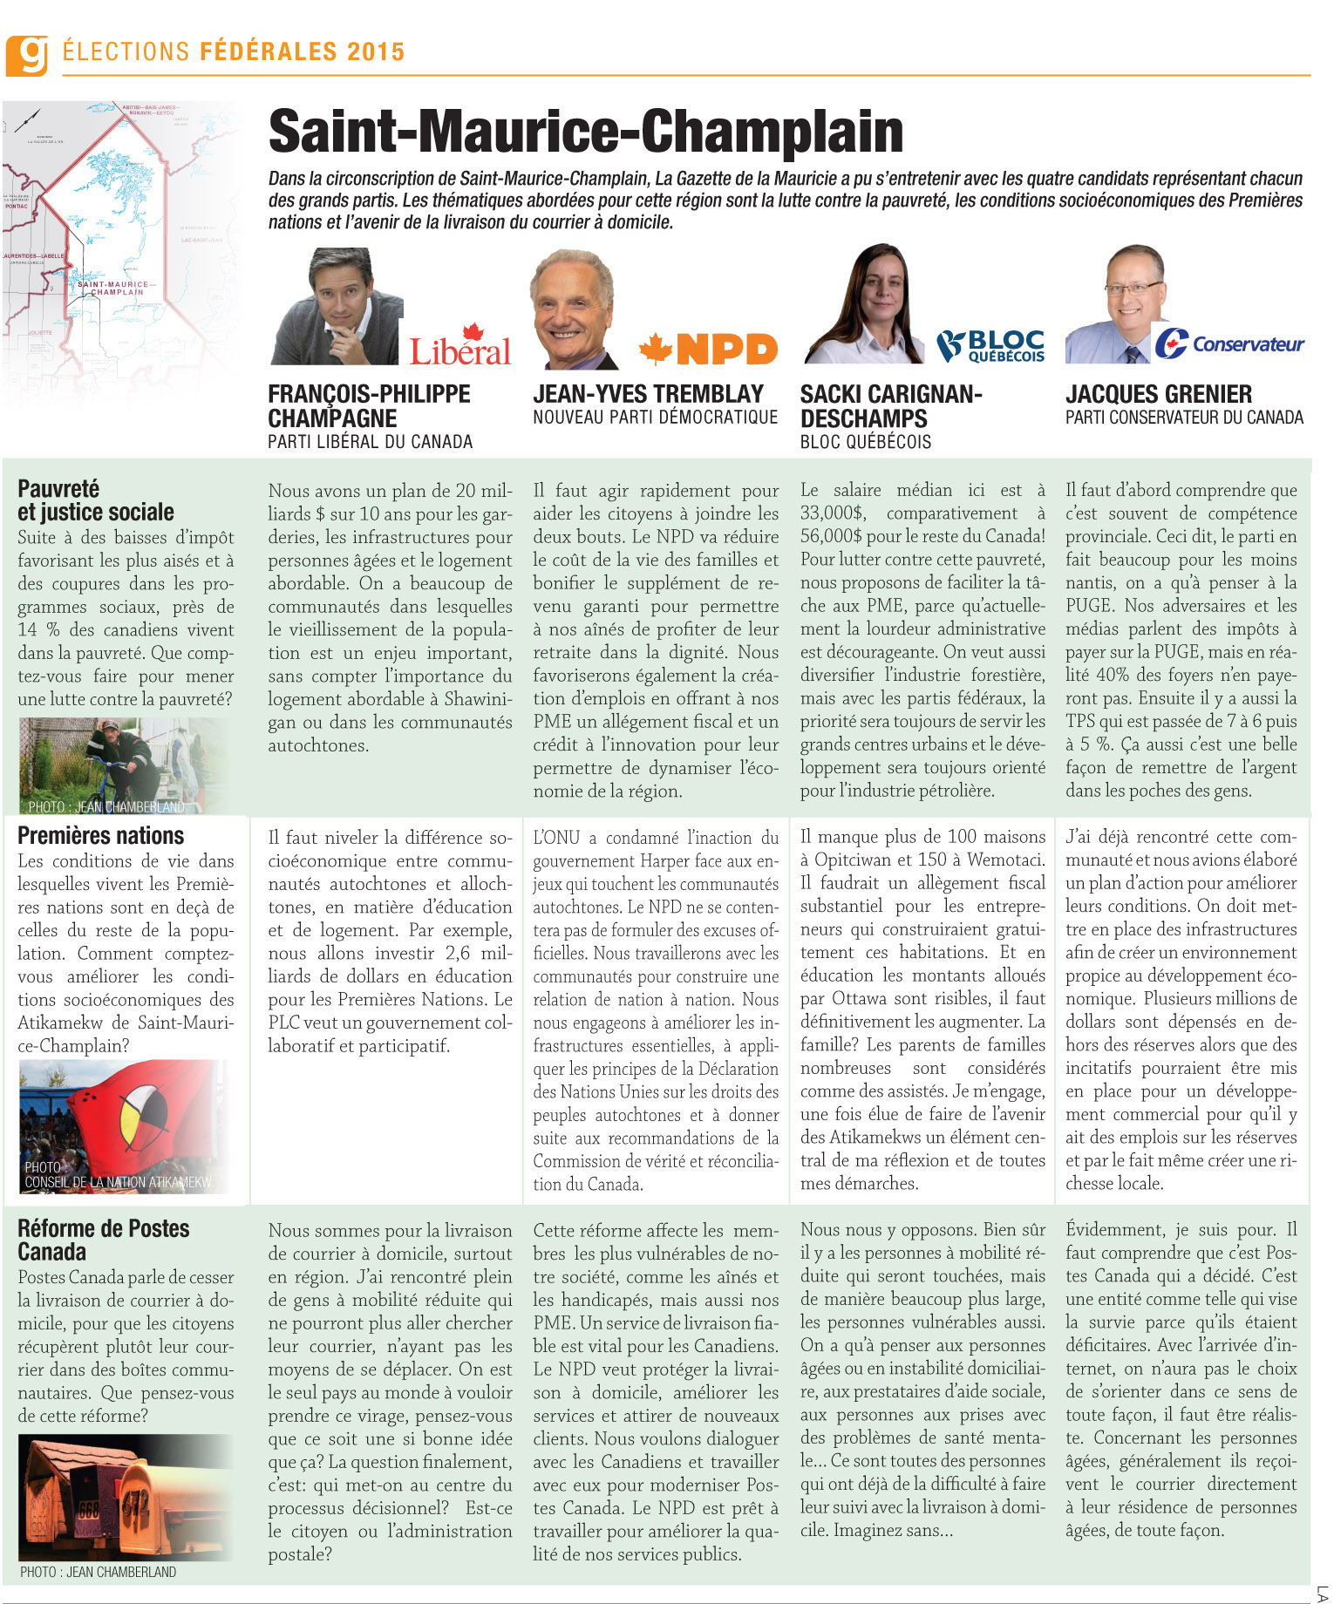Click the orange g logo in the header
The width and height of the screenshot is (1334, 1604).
[26, 55]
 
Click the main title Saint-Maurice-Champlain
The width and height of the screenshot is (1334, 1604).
[585, 132]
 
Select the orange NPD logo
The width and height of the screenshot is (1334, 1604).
[708, 350]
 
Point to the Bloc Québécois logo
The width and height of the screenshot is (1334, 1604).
[990, 346]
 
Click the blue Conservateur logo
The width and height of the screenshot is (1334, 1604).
[1229, 343]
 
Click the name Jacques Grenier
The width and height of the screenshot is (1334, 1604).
[1158, 394]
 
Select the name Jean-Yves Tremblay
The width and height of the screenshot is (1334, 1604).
[648, 394]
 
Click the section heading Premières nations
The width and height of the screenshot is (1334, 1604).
[100, 836]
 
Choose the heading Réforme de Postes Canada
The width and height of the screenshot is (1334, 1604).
[103, 1240]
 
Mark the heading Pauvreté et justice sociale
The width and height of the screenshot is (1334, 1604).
[95, 500]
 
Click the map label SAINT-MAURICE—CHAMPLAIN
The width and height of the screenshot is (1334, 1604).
[116, 288]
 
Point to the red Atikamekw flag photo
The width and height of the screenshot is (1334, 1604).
[131, 1116]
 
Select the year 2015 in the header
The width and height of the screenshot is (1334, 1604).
[375, 52]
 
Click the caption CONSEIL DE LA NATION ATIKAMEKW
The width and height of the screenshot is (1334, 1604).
[118, 1182]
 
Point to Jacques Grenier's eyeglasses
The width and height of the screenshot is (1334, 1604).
[1133, 288]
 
